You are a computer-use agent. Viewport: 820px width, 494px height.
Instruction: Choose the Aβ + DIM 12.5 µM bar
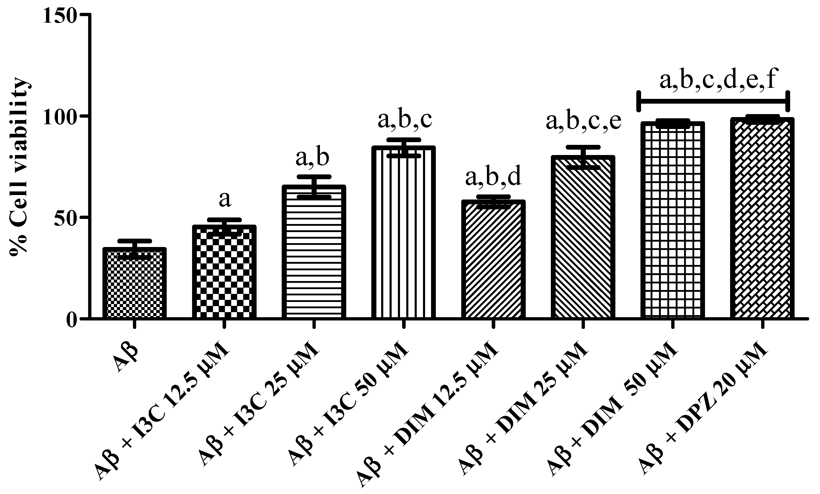(x=493, y=260)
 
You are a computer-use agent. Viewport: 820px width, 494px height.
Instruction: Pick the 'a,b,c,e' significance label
(x=583, y=122)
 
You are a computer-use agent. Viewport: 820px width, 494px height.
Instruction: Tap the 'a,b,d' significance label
(x=493, y=177)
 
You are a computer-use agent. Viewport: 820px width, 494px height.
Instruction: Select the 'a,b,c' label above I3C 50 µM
(x=404, y=120)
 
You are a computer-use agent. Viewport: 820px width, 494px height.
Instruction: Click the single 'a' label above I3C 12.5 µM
(x=225, y=200)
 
